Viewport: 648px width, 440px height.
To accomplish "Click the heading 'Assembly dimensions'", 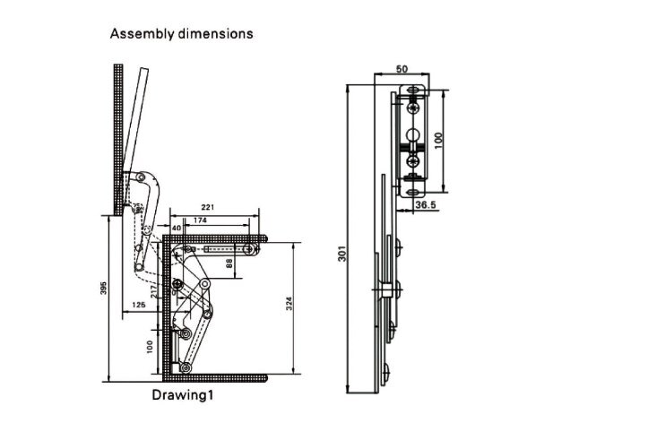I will tap(181, 34).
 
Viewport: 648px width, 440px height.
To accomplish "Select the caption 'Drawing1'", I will tap(183, 393).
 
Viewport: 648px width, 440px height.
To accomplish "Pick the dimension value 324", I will tap(289, 305).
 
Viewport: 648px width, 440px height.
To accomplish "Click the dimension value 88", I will tap(229, 263).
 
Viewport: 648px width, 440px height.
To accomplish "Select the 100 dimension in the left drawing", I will tap(150, 344).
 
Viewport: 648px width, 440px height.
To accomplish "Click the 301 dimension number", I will tap(341, 255).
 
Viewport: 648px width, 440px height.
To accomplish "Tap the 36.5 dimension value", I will tap(427, 205).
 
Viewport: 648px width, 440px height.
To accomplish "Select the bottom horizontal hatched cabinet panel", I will tap(215, 377).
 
